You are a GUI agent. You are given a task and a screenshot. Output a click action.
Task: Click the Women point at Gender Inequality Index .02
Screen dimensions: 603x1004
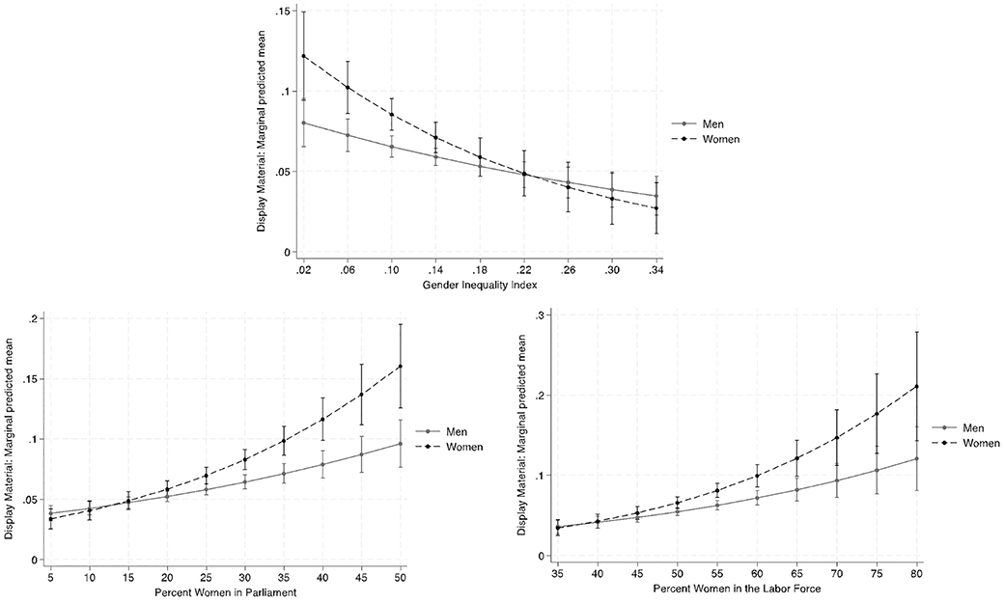pyautogui.click(x=304, y=56)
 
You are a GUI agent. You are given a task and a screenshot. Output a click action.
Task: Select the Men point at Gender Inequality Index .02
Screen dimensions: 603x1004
pyautogui.click(x=304, y=123)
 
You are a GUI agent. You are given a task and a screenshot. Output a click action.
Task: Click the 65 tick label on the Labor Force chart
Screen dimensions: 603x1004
pyautogui.click(x=796, y=572)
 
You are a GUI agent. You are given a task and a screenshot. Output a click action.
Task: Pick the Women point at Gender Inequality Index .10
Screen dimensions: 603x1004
pyautogui.click(x=392, y=114)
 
